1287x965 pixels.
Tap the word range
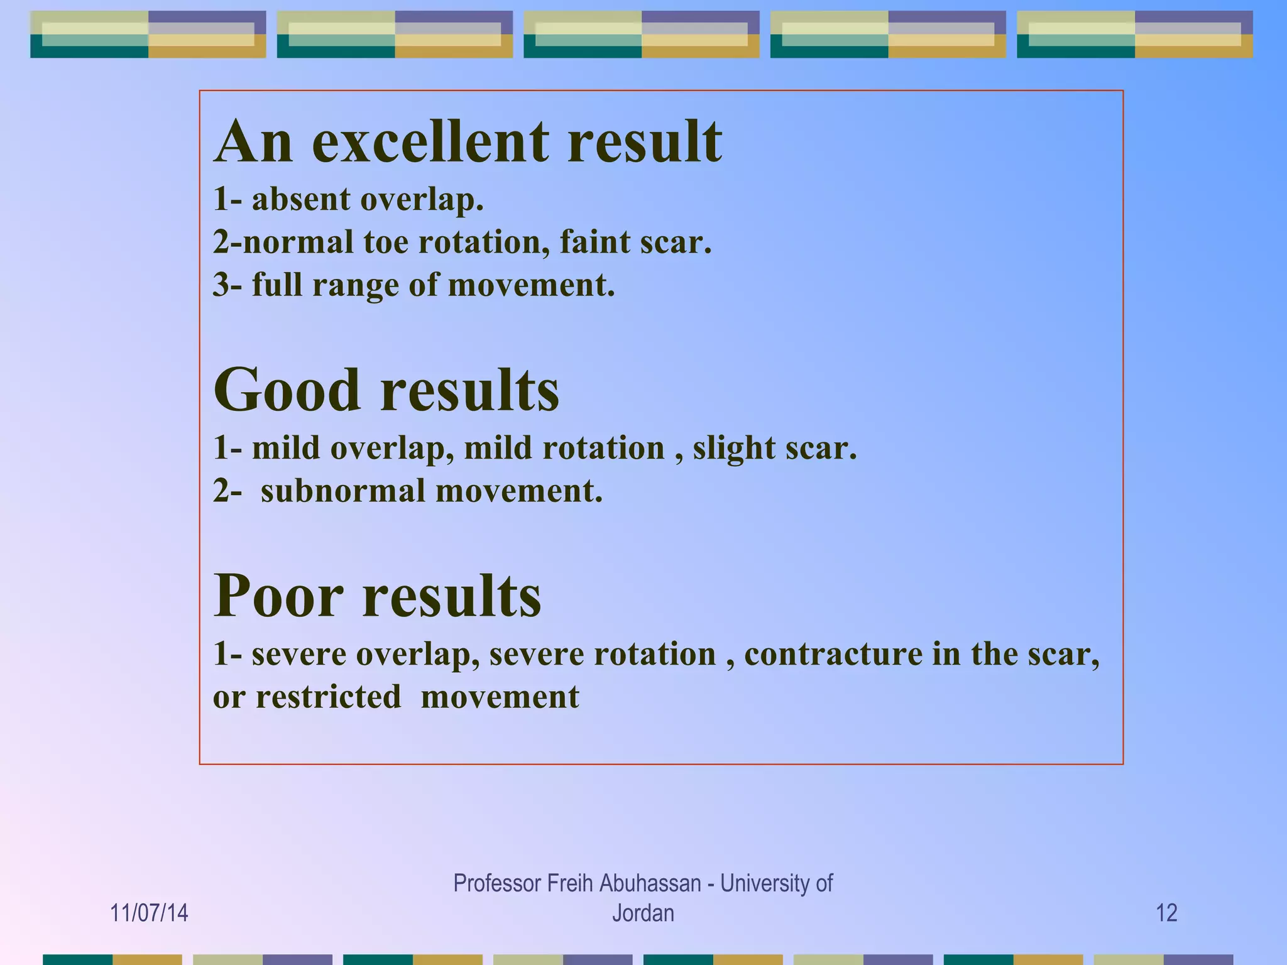pyautogui.click(x=356, y=286)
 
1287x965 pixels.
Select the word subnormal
pyautogui.click(x=343, y=491)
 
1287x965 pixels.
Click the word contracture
pyautogui.click(x=833, y=655)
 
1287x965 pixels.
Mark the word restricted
pyautogui.click(x=328, y=697)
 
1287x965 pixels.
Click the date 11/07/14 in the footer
pyautogui.click(x=149, y=913)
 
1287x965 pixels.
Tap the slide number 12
pyautogui.click(x=1166, y=913)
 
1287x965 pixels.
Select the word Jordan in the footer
pyautogui.click(x=643, y=913)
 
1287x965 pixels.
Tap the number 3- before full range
pyautogui.click(x=227, y=285)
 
